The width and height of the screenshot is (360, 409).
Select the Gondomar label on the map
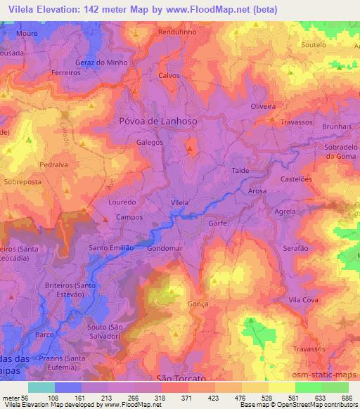pos(166,249)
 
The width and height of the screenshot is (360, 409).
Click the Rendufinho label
pos(177,32)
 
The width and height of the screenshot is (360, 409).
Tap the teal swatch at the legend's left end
pos(41,387)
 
